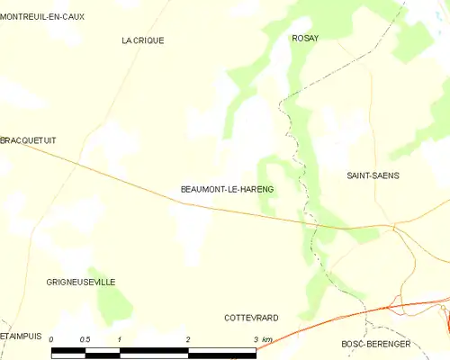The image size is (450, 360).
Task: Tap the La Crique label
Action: pyautogui.click(x=143, y=40)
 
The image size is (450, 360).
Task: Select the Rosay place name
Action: pyautogui.click(x=306, y=38)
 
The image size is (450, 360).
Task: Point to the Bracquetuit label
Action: pyautogui.click(x=28, y=140)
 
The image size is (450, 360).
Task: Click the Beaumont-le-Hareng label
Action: pyautogui.click(x=227, y=189)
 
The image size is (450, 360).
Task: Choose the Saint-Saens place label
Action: pyautogui.click(x=373, y=175)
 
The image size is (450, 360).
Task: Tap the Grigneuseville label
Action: pyautogui.click(x=81, y=282)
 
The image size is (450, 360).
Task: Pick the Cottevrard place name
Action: pyautogui.click(x=251, y=318)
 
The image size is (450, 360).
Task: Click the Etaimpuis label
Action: pyautogui.click(x=22, y=336)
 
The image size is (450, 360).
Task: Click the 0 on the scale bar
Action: pyautogui.click(x=52, y=339)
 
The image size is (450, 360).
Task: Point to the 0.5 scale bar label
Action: pyautogui.click(x=85, y=339)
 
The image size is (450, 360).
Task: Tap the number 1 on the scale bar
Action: pyautogui.click(x=120, y=339)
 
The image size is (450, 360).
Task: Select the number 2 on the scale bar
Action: pyautogui.click(x=188, y=339)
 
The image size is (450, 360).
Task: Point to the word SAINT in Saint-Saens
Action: pyautogui.click(x=360, y=175)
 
